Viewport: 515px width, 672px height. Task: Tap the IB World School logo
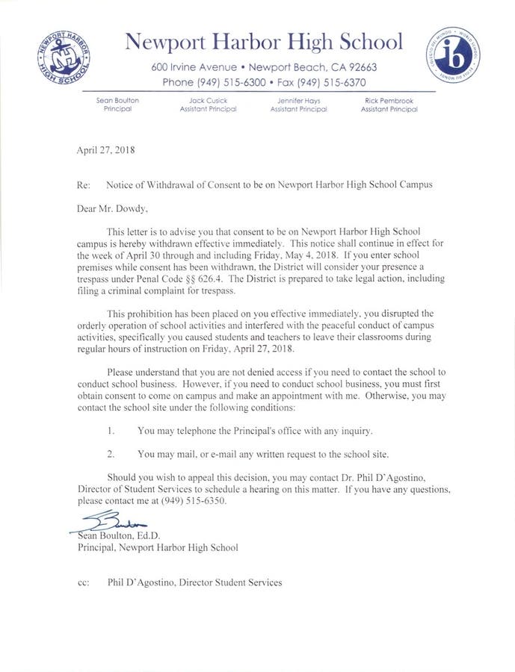click(454, 55)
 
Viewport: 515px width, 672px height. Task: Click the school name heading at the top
click(263, 41)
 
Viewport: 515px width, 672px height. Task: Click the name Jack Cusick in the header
click(208, 100)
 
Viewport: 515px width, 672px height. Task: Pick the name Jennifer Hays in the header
click(298, 100)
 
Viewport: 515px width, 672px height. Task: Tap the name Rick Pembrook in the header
click(389, 100)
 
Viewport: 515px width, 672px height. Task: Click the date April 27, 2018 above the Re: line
click(105, 149)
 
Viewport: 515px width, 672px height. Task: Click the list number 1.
click(110, 431)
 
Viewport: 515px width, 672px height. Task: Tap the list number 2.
click(110, 454)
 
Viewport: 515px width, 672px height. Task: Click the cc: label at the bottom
click(84, 582)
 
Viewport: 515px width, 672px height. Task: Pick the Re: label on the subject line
click(84, 184)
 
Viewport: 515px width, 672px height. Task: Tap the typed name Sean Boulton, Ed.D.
click(119, 535)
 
